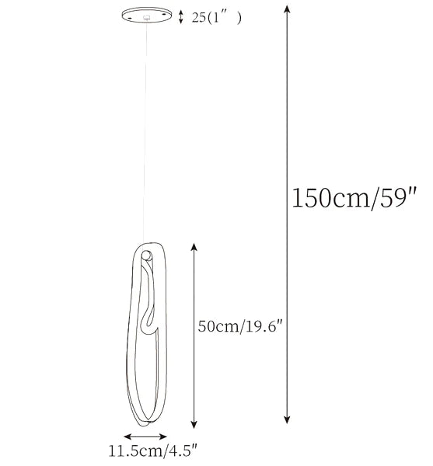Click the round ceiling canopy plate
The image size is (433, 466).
(147, 16)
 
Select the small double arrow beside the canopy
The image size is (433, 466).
(181, 16)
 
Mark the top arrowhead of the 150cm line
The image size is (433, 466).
(288, 9)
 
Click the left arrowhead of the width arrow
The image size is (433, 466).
(124, 437)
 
